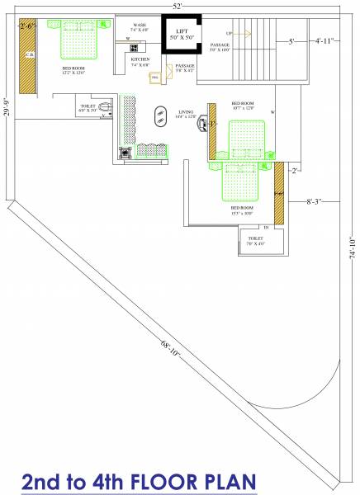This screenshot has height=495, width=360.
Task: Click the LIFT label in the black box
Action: point(182,32)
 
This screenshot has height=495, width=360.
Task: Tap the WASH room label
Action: point(139,26)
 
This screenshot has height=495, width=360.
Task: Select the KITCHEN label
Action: point(140,59)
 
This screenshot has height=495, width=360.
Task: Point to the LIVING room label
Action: point(187,111)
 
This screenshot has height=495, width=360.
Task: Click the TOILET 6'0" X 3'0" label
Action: point(88,107)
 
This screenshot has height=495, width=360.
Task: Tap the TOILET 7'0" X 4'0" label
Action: point(255,240)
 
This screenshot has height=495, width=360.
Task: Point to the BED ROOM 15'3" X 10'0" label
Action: point(242,210)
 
